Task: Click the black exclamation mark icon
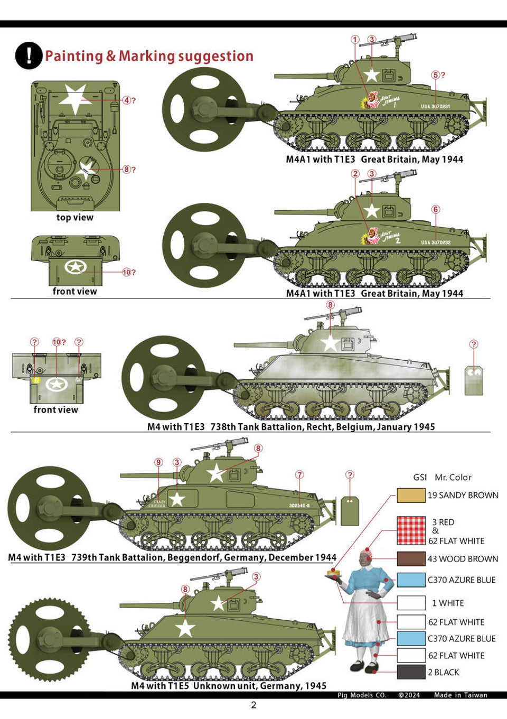point(29,55)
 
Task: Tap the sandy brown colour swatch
point(411,495)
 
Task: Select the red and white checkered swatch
point(411,530)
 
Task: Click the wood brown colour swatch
point(411,559)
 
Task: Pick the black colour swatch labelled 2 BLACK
point(411,672)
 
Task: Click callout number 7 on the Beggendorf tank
point(299,475)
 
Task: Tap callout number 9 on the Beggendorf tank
point(158,462)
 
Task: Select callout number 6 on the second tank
point(436,209)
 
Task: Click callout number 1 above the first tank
point(355,40)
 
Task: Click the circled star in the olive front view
point(75,267)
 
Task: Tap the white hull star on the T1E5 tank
point(185,628)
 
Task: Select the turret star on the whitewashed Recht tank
point(330,343)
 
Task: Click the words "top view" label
point(75,218)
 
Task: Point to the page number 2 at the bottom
point(253,705)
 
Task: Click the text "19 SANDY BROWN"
point(463,495)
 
